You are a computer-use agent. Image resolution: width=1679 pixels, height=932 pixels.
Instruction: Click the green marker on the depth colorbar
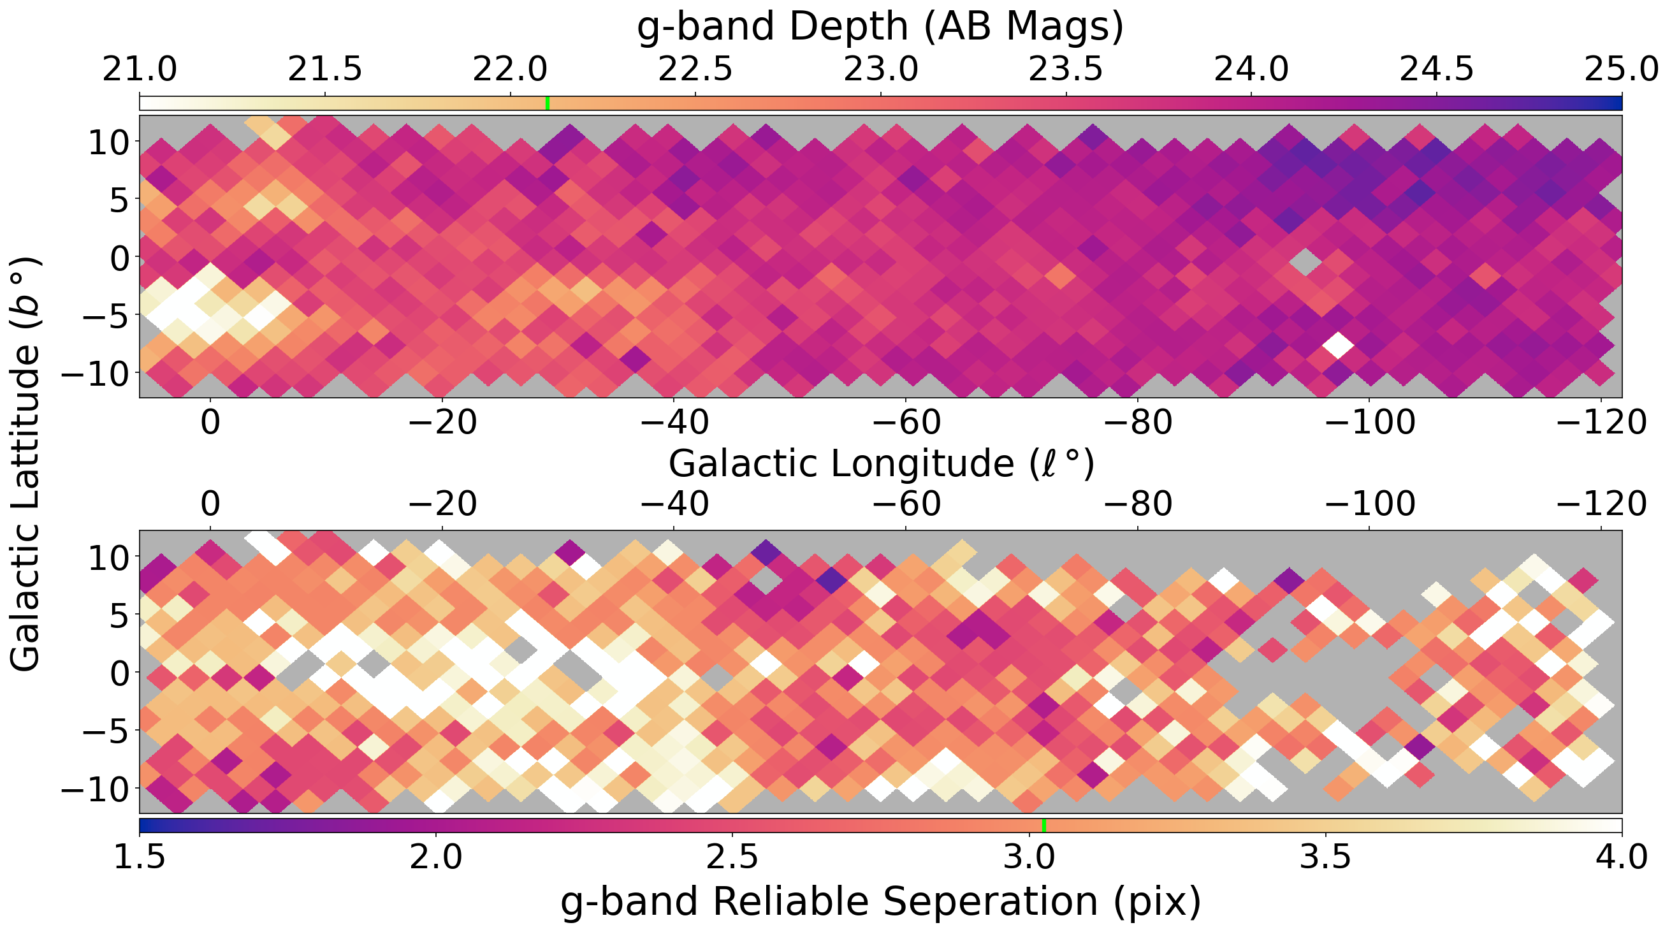point(548,103)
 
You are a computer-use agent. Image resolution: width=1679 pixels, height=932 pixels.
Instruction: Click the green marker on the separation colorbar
point(1044,825)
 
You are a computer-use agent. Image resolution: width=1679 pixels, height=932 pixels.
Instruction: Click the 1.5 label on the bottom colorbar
point(140,857)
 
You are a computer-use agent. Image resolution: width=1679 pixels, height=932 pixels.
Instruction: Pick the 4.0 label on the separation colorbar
point(1621,857)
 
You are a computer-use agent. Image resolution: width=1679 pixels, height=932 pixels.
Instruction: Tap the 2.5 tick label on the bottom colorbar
point(732,857)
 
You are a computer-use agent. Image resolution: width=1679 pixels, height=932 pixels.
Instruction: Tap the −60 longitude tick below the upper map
point(906,423)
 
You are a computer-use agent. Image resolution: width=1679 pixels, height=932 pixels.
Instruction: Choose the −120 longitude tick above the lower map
point(1601,504)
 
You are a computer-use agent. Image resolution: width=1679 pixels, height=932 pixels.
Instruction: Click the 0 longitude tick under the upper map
point(210,423)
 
